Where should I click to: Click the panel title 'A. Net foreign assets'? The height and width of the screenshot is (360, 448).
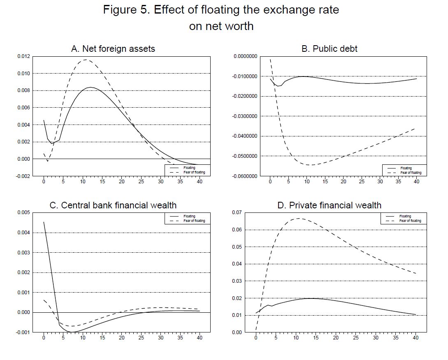(x=113, y=48)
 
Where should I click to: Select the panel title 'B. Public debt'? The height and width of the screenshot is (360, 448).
(x=330, y=48)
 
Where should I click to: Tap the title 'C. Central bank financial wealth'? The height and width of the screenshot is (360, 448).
(x=113, y=205)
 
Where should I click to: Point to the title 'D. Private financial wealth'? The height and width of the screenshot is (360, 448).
(x=330, y=205)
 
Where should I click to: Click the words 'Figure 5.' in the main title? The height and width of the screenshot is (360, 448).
(x=127, y=10)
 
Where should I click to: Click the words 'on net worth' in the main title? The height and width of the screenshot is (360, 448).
(x=221, y=26)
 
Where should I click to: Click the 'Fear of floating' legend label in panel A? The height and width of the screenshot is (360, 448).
(x=194, y=173)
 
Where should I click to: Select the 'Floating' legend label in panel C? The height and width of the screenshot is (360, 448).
(x=189, y=216)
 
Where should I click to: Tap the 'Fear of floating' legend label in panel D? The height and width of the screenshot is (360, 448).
(x=410, y=221)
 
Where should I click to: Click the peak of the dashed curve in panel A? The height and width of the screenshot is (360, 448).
(x=85, y=60)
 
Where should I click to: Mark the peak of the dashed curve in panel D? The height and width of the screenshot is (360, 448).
(x=298, y=218)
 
